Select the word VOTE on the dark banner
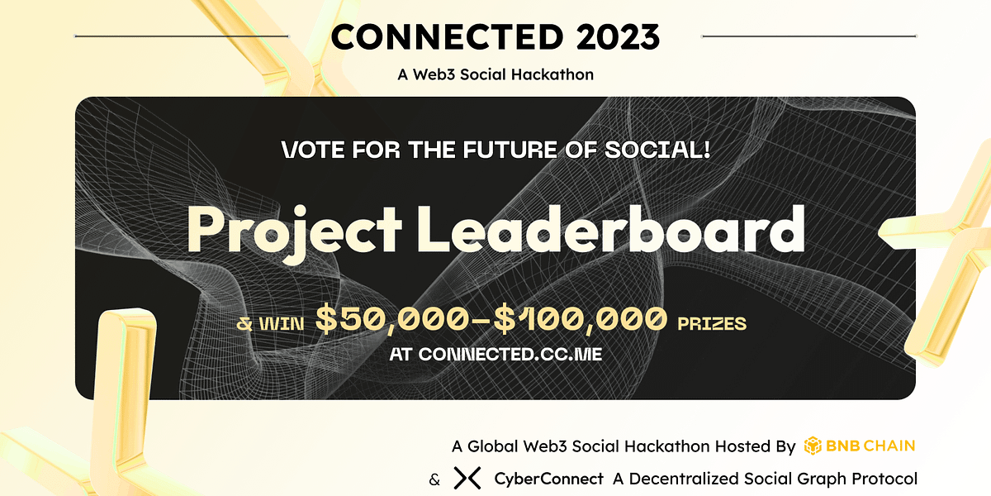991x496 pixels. coord(314,151)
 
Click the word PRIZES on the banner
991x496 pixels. coord(711,322)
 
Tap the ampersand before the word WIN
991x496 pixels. coord(244,323)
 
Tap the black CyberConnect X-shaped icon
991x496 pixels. coord(467,479)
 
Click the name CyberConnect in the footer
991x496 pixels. coord(548,479)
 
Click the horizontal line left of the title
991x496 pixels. coord(182,36)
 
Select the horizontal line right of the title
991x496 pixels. coord(808,36)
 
